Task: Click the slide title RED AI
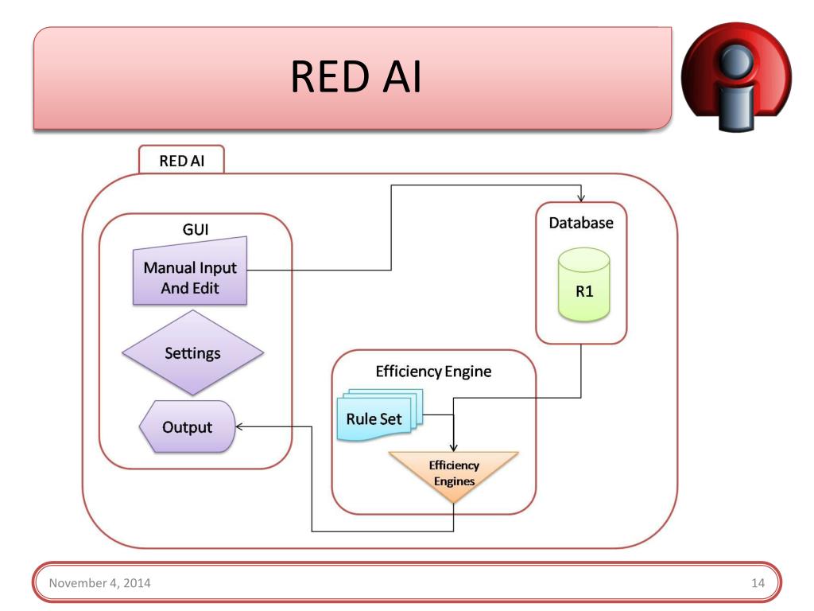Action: click(x=355, y=76)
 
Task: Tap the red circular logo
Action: click(x=736, y=76)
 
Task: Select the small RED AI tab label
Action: click(x=182, y=161)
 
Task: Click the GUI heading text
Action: click(x=196, y=229)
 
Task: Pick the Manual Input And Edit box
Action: click(x=190, y=273)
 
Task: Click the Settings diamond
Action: click(x=192, y=352)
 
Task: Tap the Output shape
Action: click(x=188, y=426)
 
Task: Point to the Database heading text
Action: click(x=581, y=223)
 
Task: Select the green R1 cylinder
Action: click(x=584, y=285)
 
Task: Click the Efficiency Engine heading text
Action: click(x=433, y=372)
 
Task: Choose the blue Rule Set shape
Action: click(x=380, y=415)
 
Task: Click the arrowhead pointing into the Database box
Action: click(x=581, y=197)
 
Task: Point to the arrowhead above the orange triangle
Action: click(x=454, y=447)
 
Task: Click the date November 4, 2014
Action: click(x=99, y=583)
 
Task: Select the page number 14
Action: click(x=758, y=583)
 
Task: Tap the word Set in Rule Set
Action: click(x=391, y=418)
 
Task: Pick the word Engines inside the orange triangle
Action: click(x=454, y=481)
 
